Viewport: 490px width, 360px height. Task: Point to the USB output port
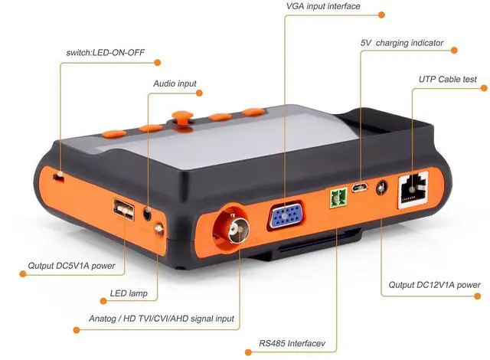coord(122,208)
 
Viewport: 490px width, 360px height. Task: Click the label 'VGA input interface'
coord(323,7)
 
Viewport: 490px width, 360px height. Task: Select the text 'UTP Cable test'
coord(448,78)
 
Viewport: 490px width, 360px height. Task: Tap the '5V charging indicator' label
coord(403,43)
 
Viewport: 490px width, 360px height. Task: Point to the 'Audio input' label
coord(175,83)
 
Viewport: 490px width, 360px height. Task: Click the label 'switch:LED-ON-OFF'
coord(106,53)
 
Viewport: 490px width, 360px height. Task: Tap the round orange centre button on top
coord(181,117)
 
